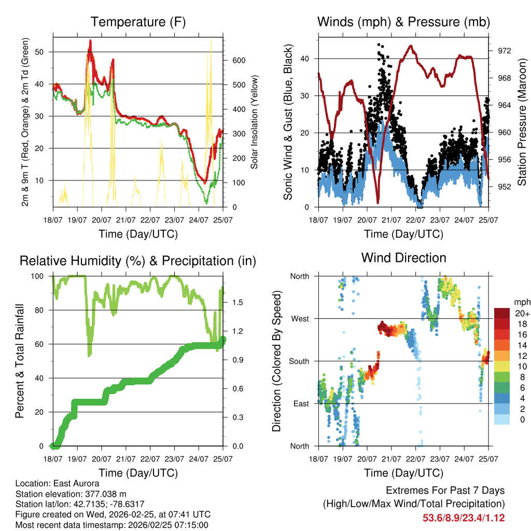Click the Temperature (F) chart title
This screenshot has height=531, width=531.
(x=138, y=22)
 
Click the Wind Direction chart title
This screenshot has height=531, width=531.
(x=403, y=257)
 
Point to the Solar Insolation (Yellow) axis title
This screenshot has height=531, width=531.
(x=255, y=122)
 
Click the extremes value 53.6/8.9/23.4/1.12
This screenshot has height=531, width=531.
(x=464, y=518)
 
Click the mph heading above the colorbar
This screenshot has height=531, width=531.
(x=521, y=302)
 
